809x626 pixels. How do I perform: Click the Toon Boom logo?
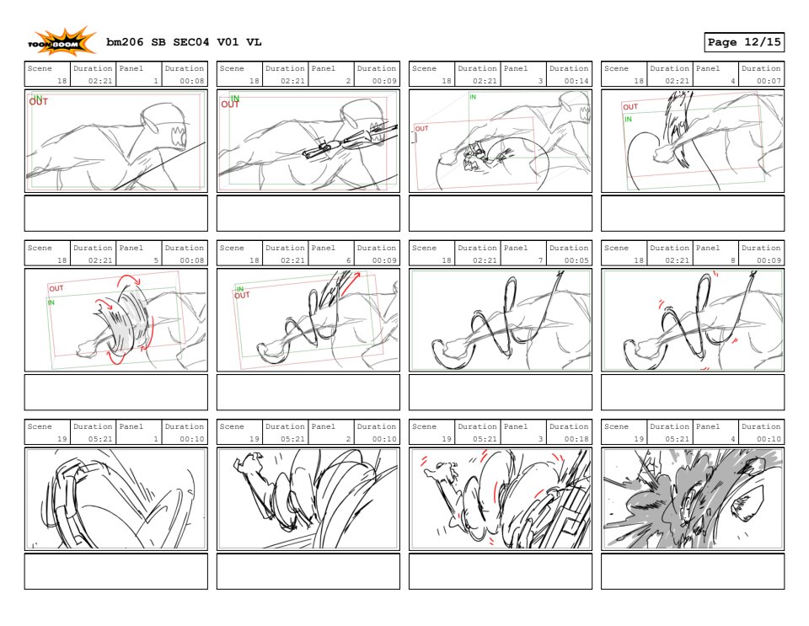tap(62, 42)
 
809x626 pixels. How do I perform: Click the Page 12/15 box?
tap(744, 42)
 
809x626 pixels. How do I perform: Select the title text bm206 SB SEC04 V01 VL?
tap(184, 42)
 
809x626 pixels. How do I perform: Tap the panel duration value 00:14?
tap(576, 81)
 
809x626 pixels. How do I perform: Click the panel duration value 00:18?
tap(576, 439)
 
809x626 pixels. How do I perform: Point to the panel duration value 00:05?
tap(576, 260)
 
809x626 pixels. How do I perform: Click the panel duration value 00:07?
tap(769, 81)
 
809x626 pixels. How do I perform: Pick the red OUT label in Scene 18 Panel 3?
tap(421, 128)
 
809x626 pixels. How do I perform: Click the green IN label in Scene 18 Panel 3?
tap(473, 97)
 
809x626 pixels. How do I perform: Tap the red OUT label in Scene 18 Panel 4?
tap(630, 107)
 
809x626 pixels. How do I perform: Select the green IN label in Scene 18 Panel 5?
tap(51, 302)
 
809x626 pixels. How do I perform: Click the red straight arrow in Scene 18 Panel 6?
tap(350, 285)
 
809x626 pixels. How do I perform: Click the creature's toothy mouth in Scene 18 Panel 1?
tap(178, 137)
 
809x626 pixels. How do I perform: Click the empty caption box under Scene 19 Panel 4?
tap(693, 571)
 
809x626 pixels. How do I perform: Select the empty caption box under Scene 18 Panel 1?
tap(116, 213)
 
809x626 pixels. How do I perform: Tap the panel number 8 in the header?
tap(732, 260)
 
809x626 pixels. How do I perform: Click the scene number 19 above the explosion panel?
tap(639, 439)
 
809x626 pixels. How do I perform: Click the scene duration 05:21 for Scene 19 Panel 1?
tap(100, 439)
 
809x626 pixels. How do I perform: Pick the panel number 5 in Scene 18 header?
tap(156, 260)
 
